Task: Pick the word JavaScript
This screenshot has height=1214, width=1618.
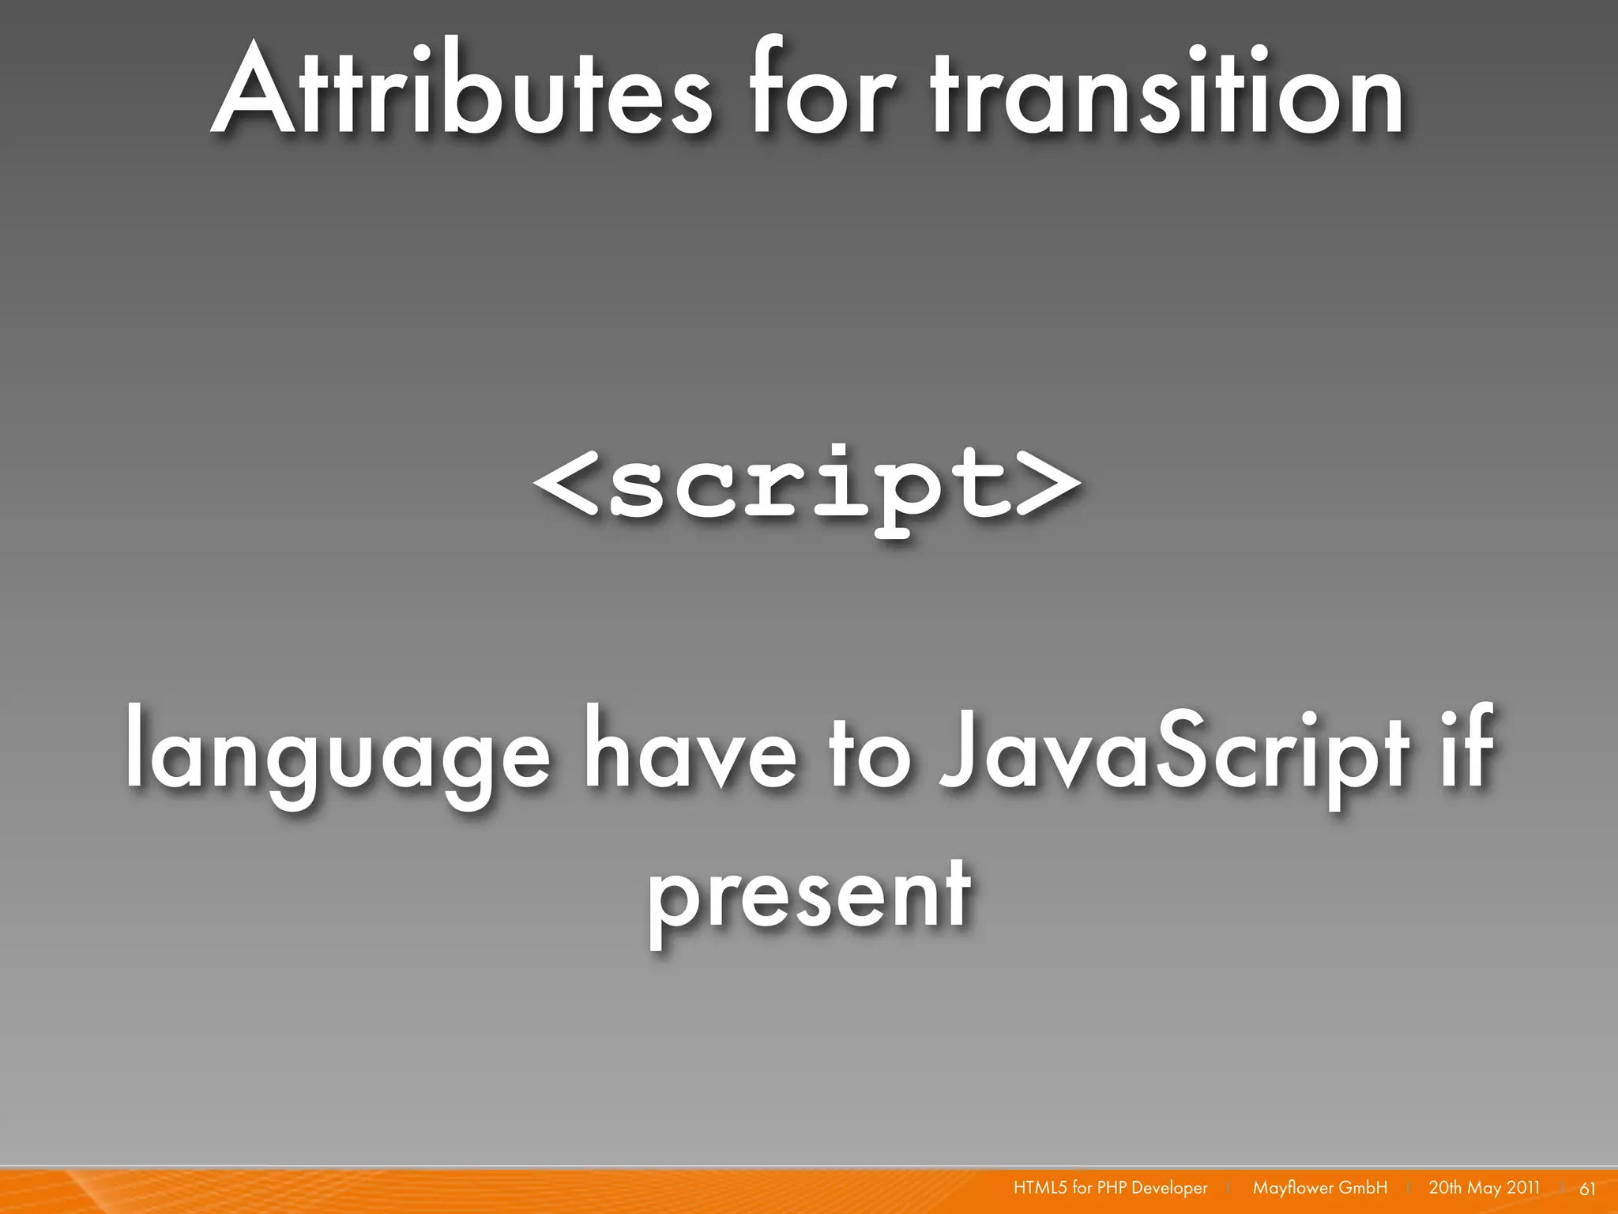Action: point(1174,751)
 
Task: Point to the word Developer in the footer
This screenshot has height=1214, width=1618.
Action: point(1169,1189)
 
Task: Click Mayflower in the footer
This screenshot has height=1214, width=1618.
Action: point(1293,1189)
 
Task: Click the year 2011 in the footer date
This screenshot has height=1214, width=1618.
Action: point(1522,1188)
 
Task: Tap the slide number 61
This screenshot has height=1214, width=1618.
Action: point(1587,1189)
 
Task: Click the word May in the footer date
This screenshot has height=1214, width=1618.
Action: point(1484,1189)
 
